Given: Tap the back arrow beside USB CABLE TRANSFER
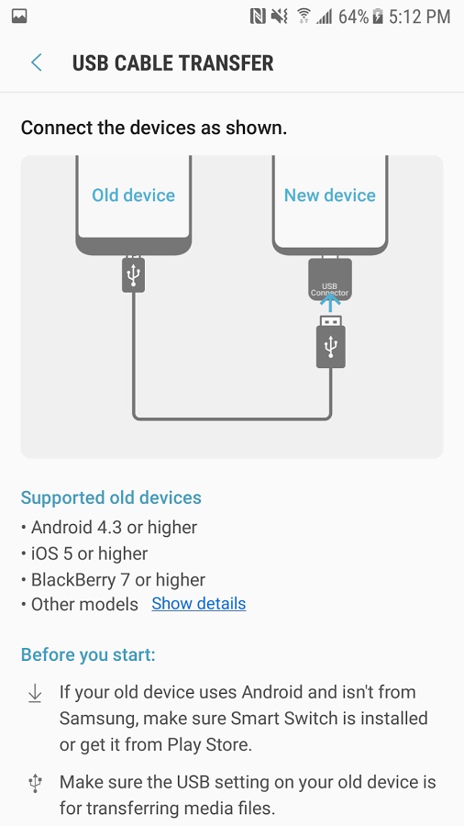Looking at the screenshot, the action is click(37, 62).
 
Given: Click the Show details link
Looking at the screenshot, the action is click(199, 603).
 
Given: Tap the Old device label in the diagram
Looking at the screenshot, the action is click(133, 195).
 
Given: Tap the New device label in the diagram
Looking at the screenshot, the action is click(330, 195).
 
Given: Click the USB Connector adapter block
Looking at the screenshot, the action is click(330, 279).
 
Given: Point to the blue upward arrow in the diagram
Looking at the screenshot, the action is click(330, 302).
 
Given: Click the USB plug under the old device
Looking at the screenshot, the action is click(134, 273).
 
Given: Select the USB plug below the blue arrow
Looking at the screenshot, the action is click(330, 342).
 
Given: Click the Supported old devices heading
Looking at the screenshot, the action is click(111, 497).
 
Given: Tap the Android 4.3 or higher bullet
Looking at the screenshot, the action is click(109, 527).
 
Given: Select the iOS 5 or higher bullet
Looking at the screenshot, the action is click(84, 553).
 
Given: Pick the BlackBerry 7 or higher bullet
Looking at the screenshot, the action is click(113, 579).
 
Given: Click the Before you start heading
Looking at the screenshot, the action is click(88, 654).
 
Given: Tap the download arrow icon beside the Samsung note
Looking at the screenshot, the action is click(35, 693).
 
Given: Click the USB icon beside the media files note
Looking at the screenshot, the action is click(35, 784).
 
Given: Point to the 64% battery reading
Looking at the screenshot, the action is click(353, 17).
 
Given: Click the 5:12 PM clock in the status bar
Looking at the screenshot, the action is click(420, 17).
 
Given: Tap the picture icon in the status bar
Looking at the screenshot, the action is click(19, 17).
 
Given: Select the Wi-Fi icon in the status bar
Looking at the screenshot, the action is click(304, 17).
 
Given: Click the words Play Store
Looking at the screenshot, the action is click(208, 745).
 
